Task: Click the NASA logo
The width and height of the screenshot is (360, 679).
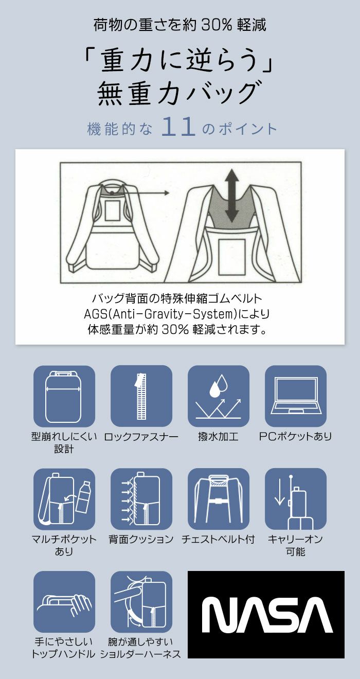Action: coord(266,615)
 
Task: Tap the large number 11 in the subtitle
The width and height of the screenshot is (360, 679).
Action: coord(178,128)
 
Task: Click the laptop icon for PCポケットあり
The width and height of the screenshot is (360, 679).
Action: coord(296,396)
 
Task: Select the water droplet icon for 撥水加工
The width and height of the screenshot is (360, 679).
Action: coord(219,396)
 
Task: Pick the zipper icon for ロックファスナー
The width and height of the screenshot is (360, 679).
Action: coord(141,396)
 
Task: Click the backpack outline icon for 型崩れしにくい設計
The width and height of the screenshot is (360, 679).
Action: coord(64,396)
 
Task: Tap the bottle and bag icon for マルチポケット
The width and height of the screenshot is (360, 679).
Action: coord(64,499)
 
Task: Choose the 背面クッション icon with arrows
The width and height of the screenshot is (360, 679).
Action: coord(141,499)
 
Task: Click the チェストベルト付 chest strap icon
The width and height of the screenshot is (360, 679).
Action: coord(219,499)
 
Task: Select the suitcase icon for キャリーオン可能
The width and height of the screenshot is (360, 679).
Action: coord(296,499)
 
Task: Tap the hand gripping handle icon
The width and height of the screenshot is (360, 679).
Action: coord(64,602)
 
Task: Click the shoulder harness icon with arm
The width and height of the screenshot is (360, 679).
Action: coord(141,602)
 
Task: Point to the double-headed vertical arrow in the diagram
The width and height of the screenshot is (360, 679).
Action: coord(231,195)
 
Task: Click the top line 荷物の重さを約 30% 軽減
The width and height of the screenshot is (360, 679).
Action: coord(179,25)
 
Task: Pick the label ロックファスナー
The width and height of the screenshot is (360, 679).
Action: coord(141,437)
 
